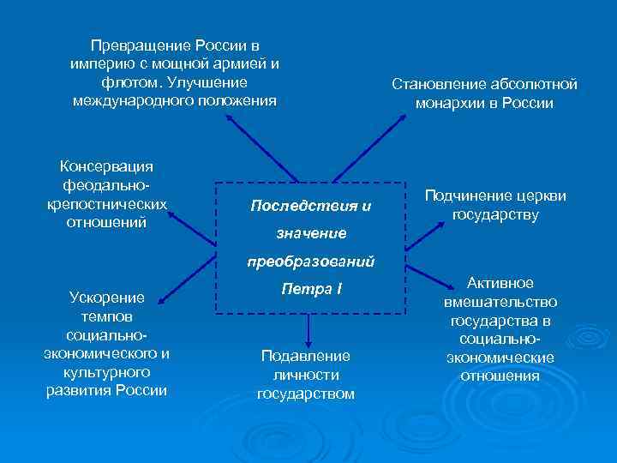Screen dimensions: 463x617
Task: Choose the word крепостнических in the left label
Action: click(x=106, y=204)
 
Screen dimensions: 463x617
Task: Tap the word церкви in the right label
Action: click(x=542, y=195)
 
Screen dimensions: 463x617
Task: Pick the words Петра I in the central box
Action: click(x=310, y=289)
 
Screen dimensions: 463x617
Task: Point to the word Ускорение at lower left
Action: click(x=106, y=298)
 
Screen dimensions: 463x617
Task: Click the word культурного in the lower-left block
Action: click(x=106, y=372)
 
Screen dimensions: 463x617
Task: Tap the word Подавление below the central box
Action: click(x=306, y=355)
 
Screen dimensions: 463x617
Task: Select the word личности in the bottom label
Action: click(x=306, y=375)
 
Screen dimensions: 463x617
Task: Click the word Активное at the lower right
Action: click(x=500, y=283)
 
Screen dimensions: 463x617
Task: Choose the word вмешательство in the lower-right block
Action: click(x=500, y=302)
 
